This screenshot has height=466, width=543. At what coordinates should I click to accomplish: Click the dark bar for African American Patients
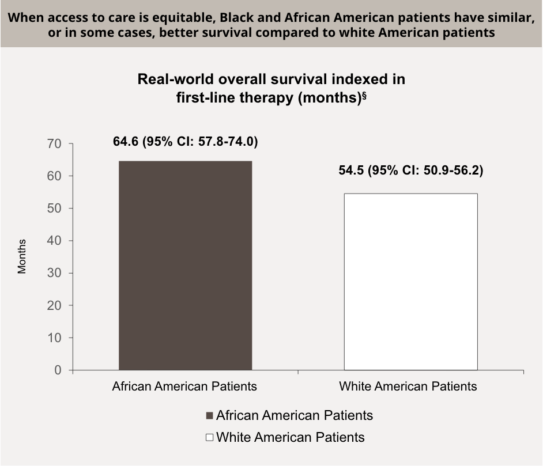pyautogui.click(x=185, y=265)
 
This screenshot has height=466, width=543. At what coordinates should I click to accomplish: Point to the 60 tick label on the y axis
pyautogui.click(x=54, y=176)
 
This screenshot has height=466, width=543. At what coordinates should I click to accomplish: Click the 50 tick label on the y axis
pyautogui.click(x=54, y=208)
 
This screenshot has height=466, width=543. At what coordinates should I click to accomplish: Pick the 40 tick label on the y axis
pyautogui.click(x=54, y=240)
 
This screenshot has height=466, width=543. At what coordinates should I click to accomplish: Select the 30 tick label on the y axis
pyautogui.click(x=54, y=273)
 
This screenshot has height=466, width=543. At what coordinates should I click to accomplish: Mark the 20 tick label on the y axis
pyautogui.click(x=54, y=305)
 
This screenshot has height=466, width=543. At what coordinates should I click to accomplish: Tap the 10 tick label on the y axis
pyautogui.click(x=54, y=338)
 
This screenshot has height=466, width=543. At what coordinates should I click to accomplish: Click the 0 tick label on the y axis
pyautogui.click(x=58, y=370)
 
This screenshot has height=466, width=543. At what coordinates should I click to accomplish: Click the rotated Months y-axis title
pyautogui.click(x=22, y=256)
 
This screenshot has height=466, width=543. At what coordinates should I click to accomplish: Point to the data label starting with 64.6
pyautogui.click(x=185, y=142)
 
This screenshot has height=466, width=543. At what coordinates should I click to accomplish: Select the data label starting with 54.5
pyautogui.click(x=410, y=171)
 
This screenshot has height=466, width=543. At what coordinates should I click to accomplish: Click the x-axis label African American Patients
pyautogui.click(x=184, y=386)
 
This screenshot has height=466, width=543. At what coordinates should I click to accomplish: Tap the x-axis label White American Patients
pyautogui.click(x=408, y=386)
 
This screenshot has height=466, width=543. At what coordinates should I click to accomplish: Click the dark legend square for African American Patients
pyautogui.click(x=209, y=416)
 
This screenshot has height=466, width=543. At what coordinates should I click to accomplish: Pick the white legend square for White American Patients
pyautogui.click(x=209, y=438)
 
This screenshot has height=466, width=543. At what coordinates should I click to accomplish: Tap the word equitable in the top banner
pyautogui.click(x=181, y=17)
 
